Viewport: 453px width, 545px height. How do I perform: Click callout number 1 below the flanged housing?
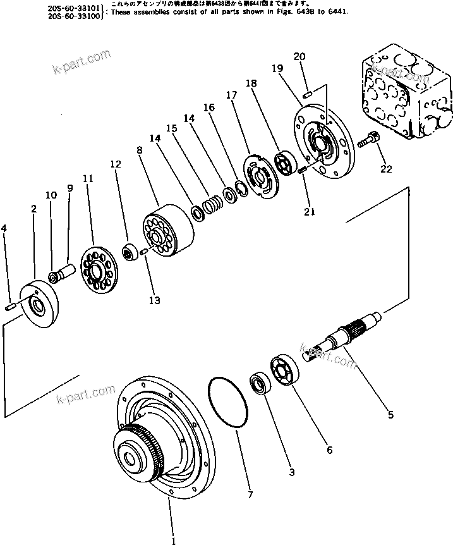coord(173,539)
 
